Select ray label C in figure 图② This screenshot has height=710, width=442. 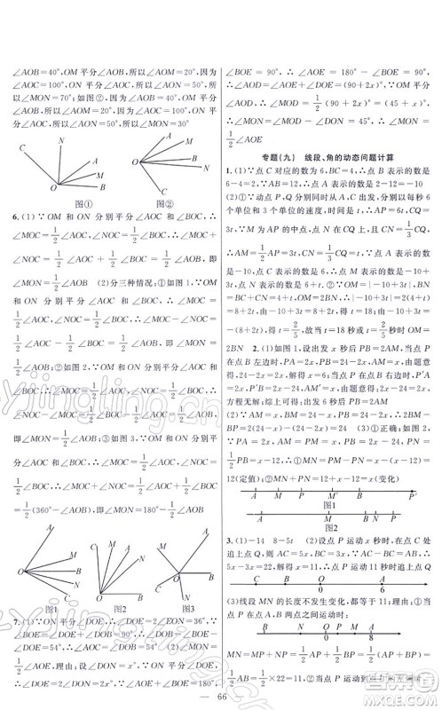(x=134, y=162)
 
